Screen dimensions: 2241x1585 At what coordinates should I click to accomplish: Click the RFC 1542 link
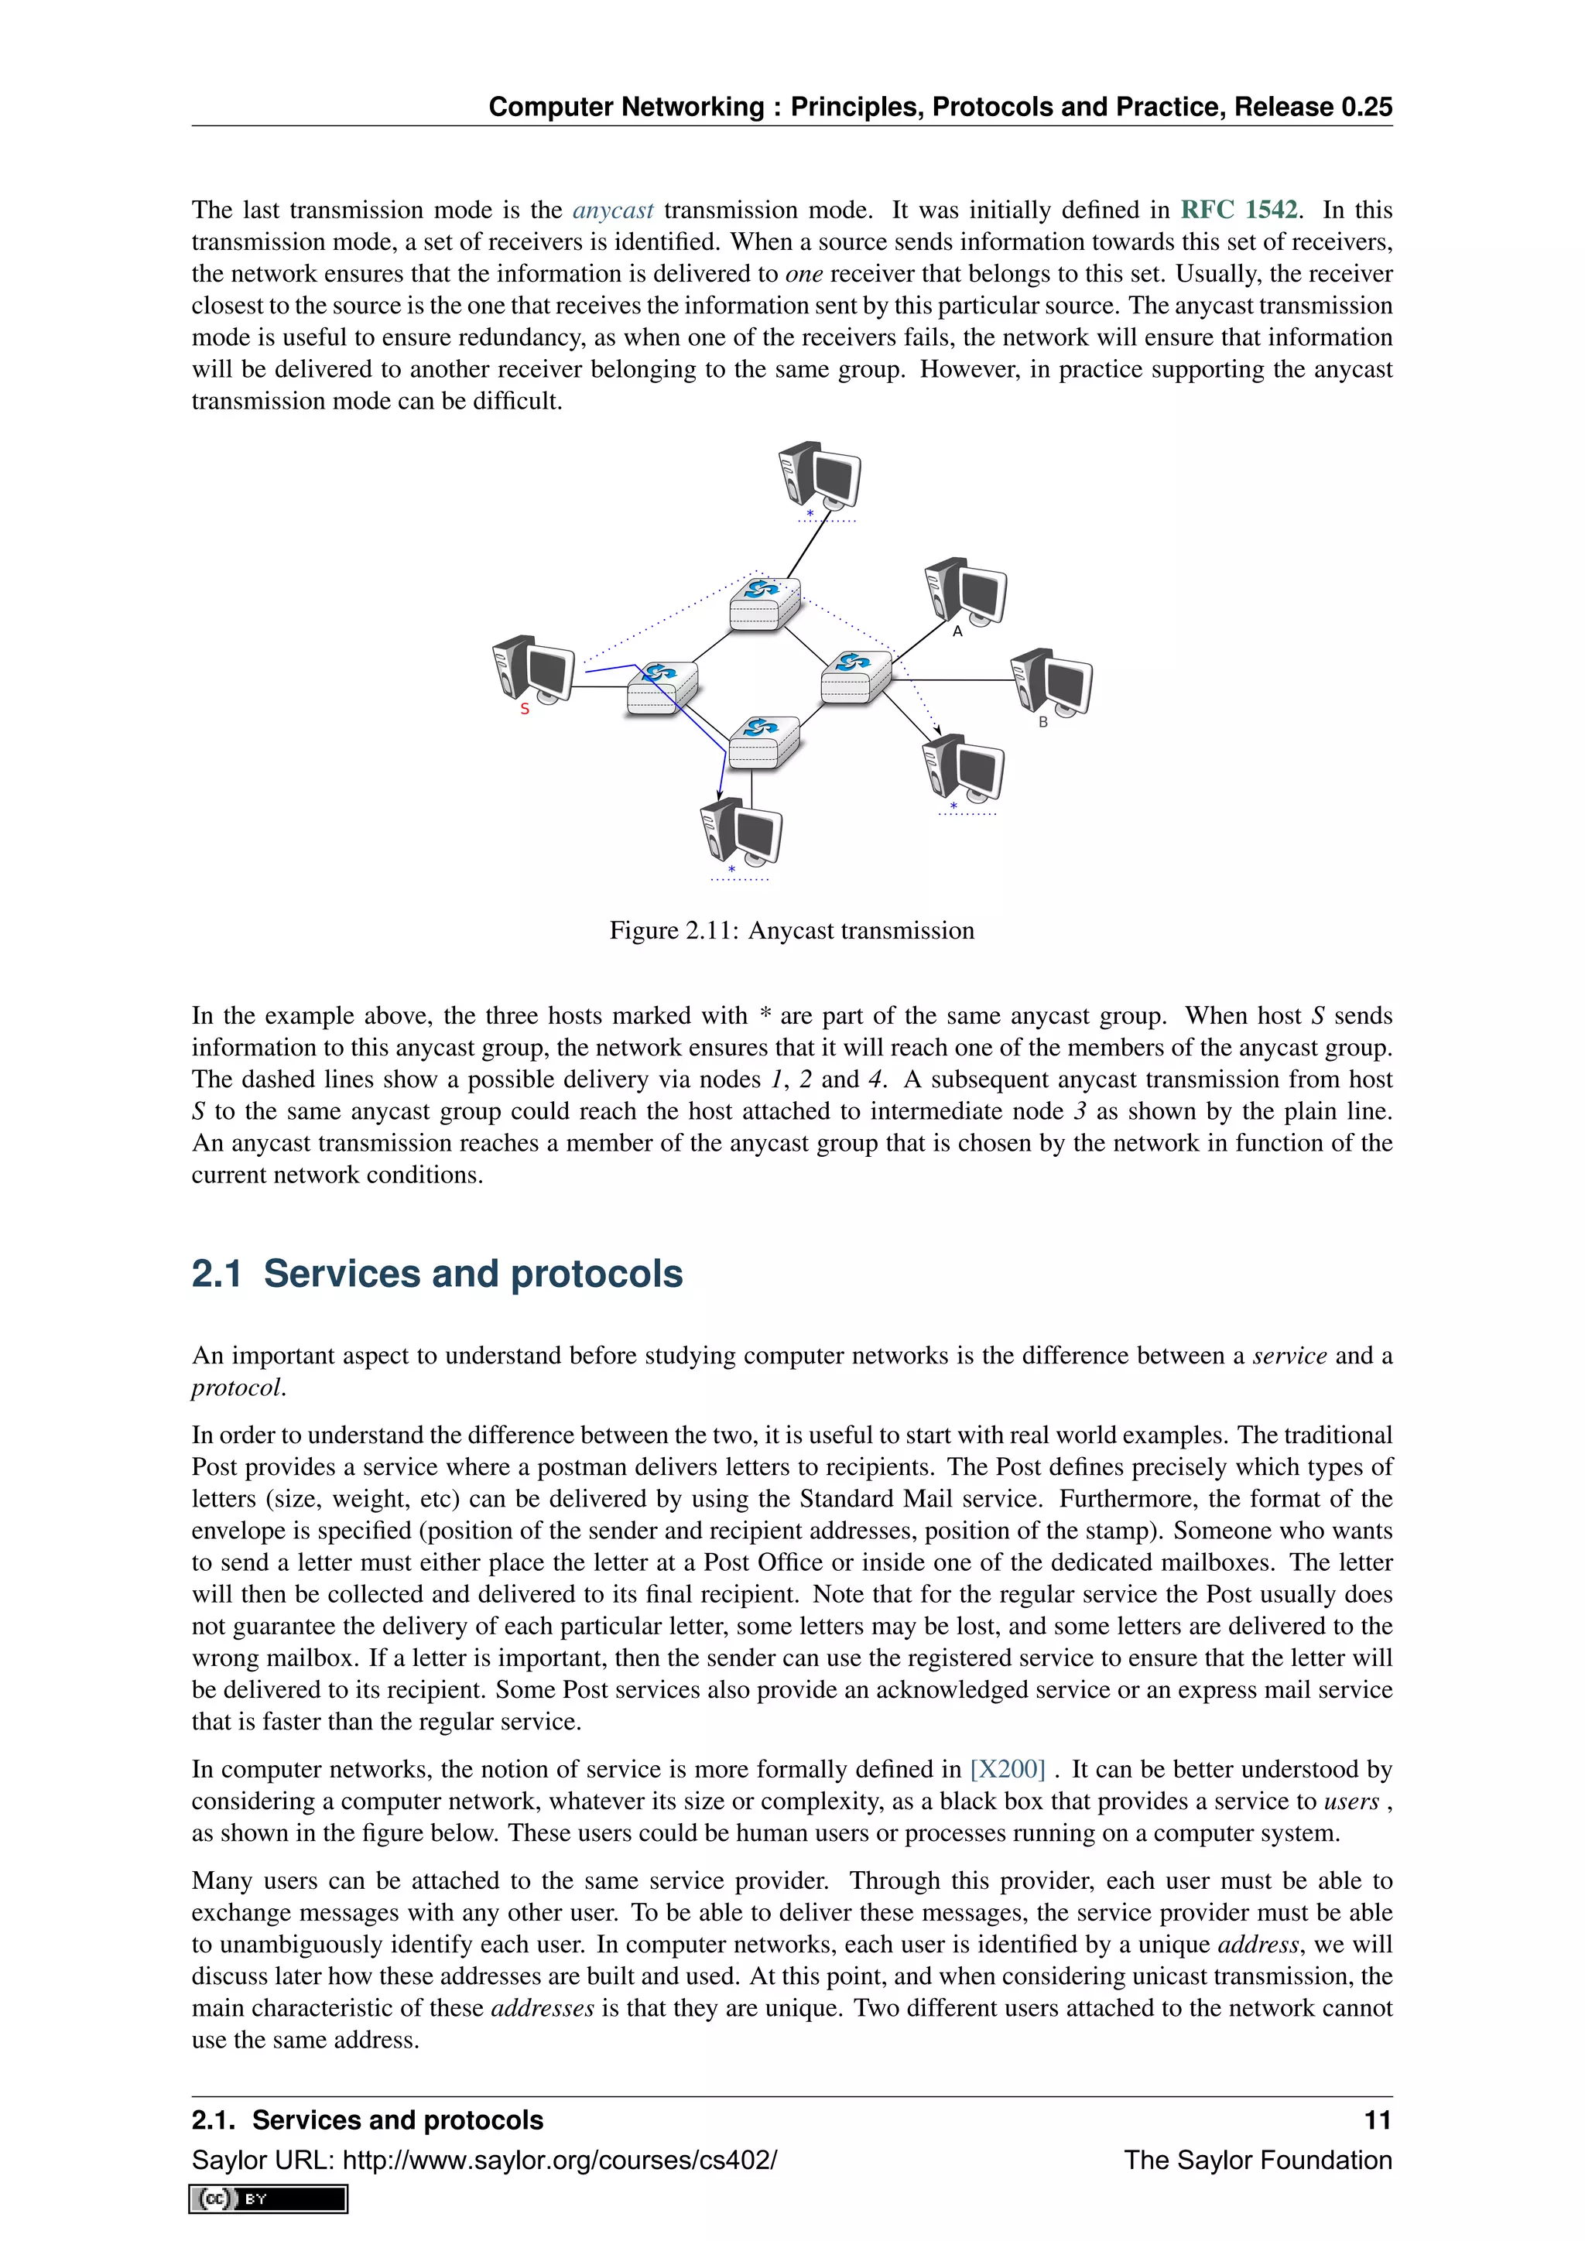tap(1238, 210)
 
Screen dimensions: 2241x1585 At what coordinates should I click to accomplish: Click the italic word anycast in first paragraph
tap(612, 210)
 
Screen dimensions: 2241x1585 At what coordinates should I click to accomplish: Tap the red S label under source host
tap(525, 709)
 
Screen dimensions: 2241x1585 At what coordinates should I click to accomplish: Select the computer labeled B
tap(1051, 681)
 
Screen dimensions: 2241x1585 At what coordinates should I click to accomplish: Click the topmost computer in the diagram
tap(820, 475)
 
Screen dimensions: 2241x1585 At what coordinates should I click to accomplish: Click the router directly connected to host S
tap(662, 688)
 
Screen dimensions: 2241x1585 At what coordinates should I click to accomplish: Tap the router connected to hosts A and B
tap(856, 676)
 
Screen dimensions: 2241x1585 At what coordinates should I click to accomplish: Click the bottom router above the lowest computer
tap(764, 742)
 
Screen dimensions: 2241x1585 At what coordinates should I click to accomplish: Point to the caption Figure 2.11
tap(792, 930)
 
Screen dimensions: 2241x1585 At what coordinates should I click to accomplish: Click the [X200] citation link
tap(1007, 1770)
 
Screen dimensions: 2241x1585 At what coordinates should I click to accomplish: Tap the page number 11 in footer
tap(1377, 2120)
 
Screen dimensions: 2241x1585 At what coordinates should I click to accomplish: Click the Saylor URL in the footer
tap(484, 2160)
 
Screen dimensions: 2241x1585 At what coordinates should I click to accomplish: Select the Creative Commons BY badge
tap(269, 2199)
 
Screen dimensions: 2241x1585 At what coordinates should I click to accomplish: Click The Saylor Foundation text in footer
tap(1257, 2160)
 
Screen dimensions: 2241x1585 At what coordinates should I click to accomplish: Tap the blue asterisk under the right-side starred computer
tap(953, 806)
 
